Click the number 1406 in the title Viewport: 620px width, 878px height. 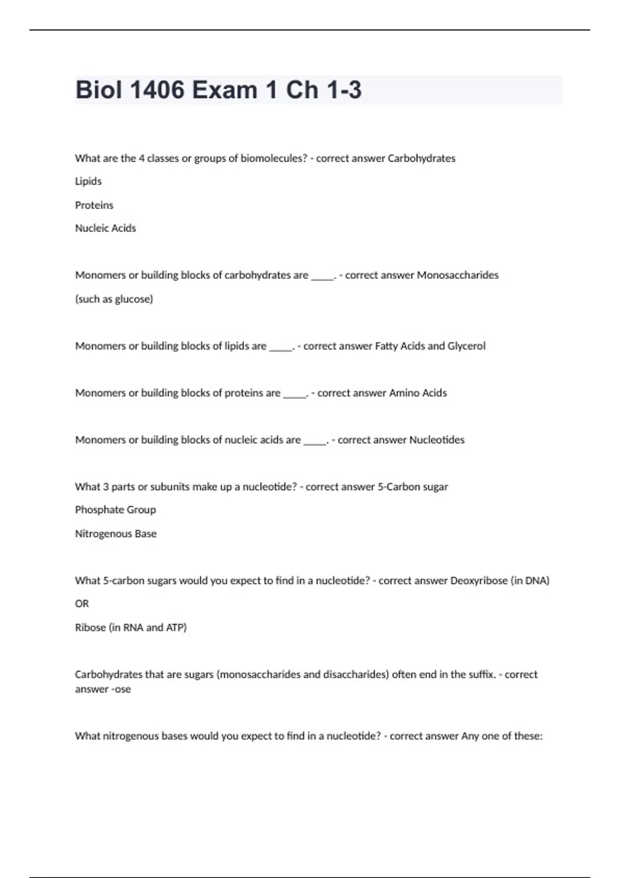point(157,90)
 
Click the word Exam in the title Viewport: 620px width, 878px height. point(224,90)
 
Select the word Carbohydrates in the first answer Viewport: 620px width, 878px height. point(421,158)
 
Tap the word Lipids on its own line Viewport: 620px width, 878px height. point(88,181)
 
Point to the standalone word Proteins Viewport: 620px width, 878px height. point(94,205)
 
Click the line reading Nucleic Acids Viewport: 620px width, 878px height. point(105,228)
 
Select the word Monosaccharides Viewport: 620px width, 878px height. point(457,275)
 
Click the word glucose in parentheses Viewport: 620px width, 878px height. point(133,299)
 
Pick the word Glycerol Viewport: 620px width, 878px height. point(466,346)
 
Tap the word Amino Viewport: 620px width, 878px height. point(404,393)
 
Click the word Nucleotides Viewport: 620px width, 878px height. point(437,440)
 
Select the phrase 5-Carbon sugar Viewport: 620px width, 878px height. point(413,487)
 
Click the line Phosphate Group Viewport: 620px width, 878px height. point(115,510)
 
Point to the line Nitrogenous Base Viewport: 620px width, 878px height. point(116,534)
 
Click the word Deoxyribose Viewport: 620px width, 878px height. point(479,581)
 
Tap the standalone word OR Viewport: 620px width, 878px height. point(82,604)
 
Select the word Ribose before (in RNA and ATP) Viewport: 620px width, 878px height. point(90,628)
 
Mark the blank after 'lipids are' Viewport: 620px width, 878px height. point(281,347)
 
